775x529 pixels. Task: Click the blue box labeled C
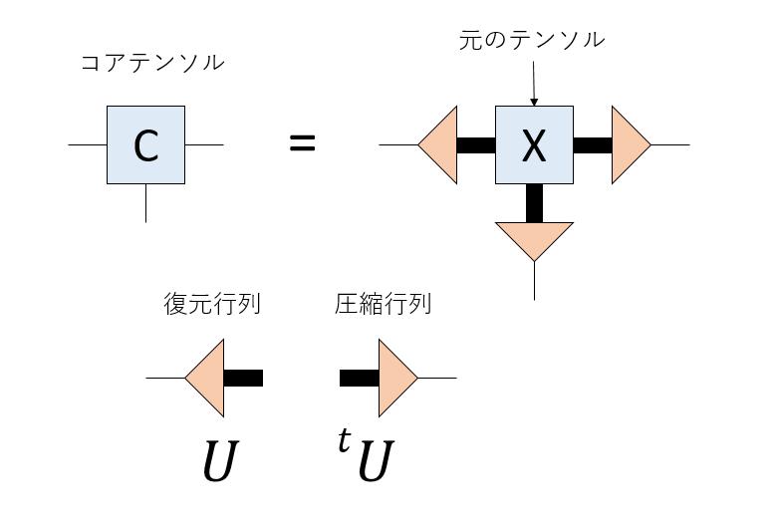coord(145,145)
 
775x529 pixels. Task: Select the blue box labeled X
coord(534,145)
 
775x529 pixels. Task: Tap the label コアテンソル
coord(152,65)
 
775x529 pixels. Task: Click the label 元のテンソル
coord(531,41)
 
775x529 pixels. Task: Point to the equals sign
coord(302,144)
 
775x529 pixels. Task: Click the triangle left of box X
coord(440,145)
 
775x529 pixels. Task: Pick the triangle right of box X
coord(629,145)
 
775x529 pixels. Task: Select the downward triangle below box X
coord(534,238)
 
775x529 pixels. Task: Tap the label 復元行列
coord(211,304)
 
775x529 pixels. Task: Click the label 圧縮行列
coord(383,304)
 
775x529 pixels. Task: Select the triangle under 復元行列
coord(207,378)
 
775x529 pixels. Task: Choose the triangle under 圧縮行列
coord(395,378)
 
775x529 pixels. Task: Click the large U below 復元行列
coord(217,461)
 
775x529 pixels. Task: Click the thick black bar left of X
coord(475,145)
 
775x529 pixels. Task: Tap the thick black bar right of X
coord(593,145)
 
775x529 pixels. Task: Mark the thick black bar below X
coord(534,203)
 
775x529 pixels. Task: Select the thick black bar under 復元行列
coord(243,378)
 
